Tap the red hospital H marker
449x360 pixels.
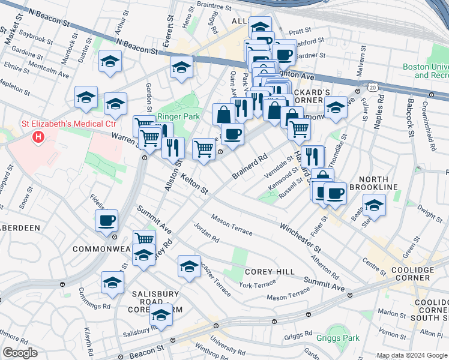point(39,137)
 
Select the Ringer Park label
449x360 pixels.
point(173,117)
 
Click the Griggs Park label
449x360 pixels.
point(338,338)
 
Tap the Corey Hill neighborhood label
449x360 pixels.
point(269,272)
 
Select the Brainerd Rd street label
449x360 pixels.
point(250,168)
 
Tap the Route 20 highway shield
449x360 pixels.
point(374,88)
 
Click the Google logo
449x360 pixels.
point(20,353)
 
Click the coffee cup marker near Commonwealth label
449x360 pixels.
point(107,220)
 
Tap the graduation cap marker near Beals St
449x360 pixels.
point(374,205)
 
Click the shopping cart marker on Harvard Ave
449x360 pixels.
point(299,127)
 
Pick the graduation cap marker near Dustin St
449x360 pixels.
point(110,61)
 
